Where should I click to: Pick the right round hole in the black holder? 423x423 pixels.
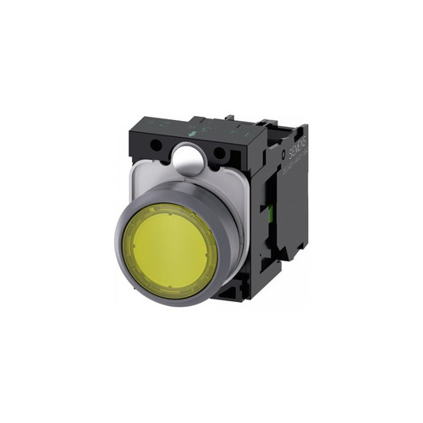click(x=222, y=153)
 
